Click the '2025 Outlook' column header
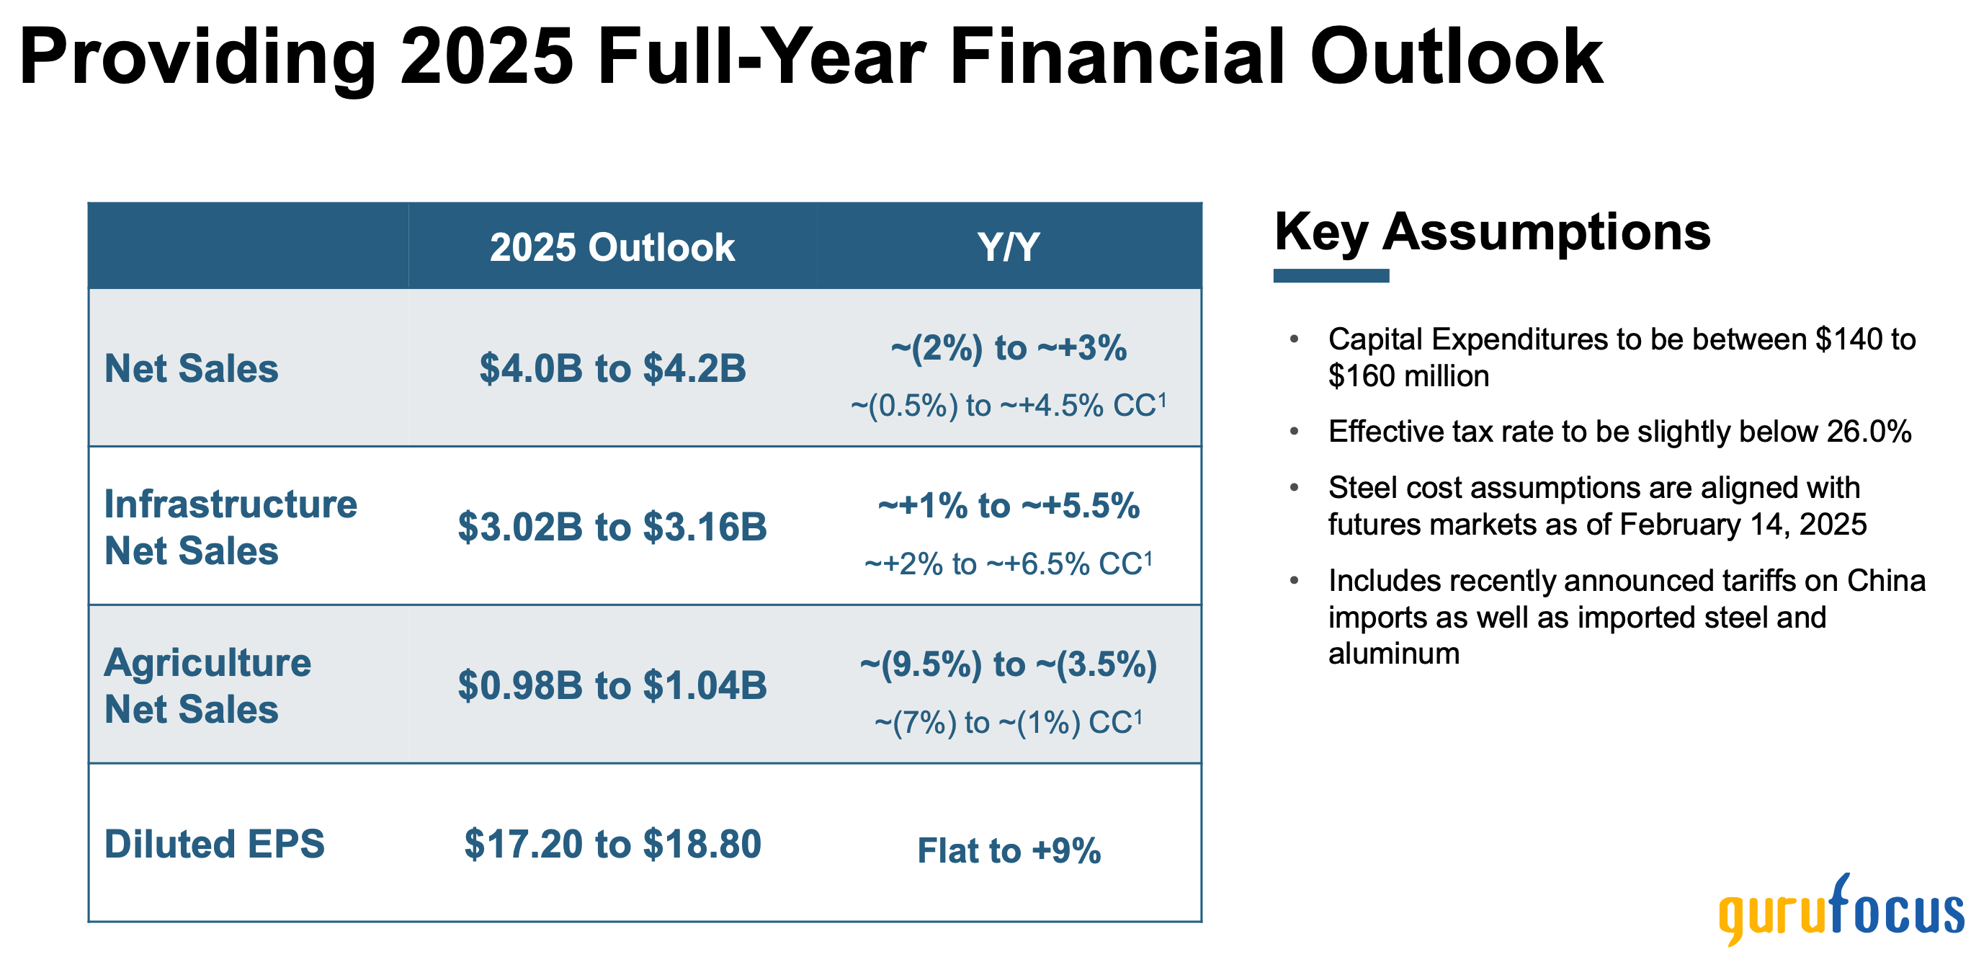click(x=612, y=247)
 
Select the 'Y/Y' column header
click(x=1008, y=247)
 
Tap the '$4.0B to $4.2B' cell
click(x=612, y=368)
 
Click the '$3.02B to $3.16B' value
click(x=612, y=527)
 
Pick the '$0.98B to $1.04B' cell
click(x=612, y=685)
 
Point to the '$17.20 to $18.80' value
click(x=612, y=844)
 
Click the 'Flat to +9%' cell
click(x=1008, y=850)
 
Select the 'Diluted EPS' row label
click(x=214, y=844)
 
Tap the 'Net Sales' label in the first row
click(x=192, y=368)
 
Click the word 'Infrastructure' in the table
click(x=231, y=504)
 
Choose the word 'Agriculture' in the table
click(x=207, y=662)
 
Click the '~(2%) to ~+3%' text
click(x=1008, y=347)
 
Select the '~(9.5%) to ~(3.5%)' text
click(x=1008, y=664)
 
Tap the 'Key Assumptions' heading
click(x=1492, y=231)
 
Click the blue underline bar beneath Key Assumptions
click(x=1331, y=275)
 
